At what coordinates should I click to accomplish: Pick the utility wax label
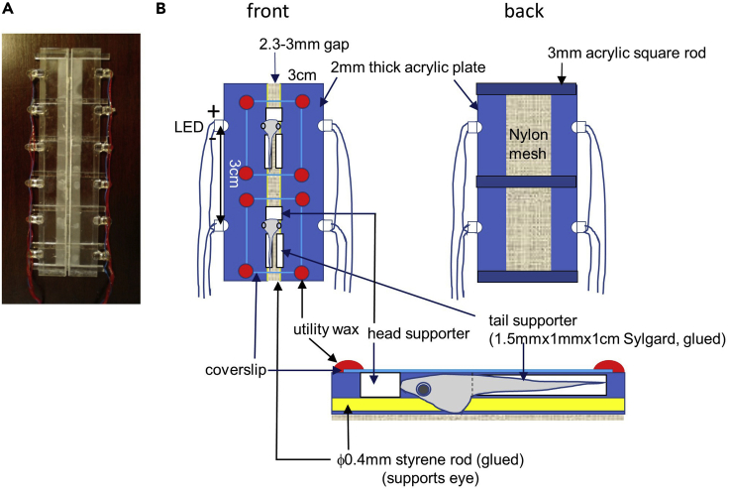click(323, 327)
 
